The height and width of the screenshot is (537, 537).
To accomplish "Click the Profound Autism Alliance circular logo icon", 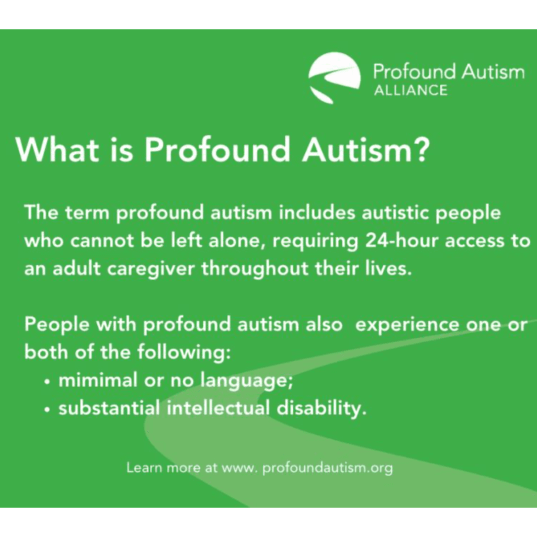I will point(334,78).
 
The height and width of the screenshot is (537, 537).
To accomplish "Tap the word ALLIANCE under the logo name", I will point(410,91).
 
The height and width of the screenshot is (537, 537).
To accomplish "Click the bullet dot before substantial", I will point(48,409).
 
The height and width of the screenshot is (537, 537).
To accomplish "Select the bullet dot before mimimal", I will point(48,382).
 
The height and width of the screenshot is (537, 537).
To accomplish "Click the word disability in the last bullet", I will point(321,408).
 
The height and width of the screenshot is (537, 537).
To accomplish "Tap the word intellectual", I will point(218,408).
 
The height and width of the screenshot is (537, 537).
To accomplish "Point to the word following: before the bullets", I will point(184,353).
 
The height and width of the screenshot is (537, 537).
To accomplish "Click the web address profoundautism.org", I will point(327,468).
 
